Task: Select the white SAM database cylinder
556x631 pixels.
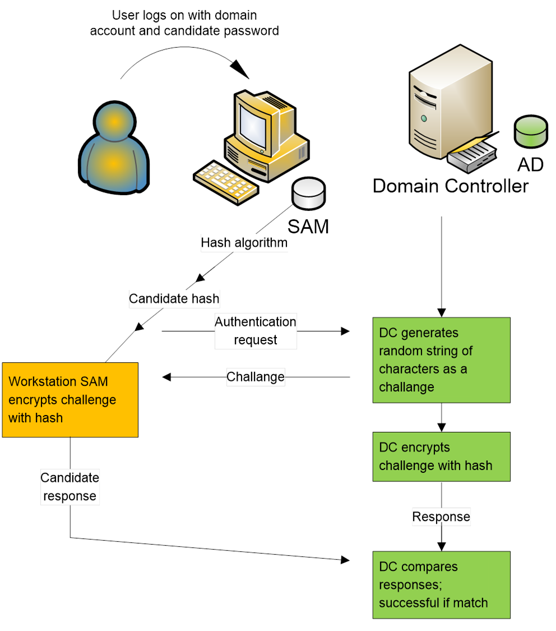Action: [308, 194]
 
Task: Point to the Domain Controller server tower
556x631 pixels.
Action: [448, 107]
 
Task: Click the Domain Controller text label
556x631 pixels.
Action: [450, 186]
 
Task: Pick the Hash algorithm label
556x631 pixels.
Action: [244, 243]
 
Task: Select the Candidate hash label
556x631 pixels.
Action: [174, 298]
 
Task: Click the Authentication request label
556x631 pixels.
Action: [256, 331]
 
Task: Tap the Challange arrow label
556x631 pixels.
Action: [256, 377]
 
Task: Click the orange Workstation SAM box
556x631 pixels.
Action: [70, 399]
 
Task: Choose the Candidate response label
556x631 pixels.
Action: [70, 487]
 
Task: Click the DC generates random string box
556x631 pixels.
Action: [441, 360]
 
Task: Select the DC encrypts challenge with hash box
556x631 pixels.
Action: [441, 457]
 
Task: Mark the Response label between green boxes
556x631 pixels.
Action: [441, 517]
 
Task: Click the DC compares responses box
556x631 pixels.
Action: [441, 585]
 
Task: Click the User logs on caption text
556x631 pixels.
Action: [184, 23]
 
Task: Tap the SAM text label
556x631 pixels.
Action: [308, 227]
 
